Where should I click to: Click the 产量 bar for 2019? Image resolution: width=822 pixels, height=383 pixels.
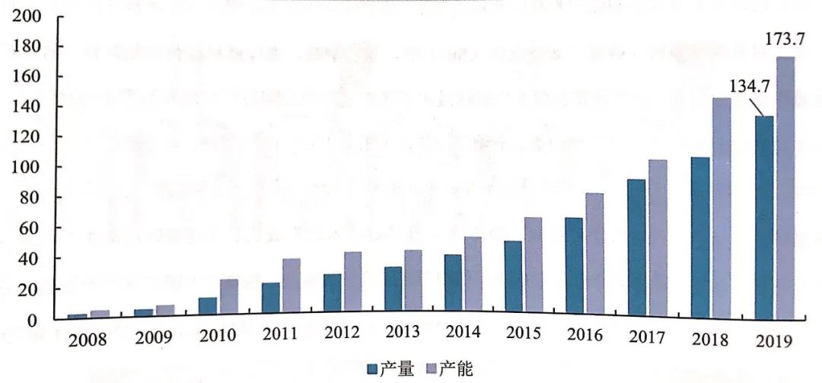click(764, 218)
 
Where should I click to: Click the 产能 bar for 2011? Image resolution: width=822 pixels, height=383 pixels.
click(291, 285)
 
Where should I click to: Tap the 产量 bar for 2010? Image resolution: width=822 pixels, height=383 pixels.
click(208, 305)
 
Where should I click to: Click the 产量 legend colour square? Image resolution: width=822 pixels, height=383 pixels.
click(372, 369)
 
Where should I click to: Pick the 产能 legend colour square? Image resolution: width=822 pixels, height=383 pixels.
click(432, 369)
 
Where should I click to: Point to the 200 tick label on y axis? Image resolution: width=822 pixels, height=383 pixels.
click(26, 16)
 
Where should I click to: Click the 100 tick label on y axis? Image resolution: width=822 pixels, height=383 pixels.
click(26, 168)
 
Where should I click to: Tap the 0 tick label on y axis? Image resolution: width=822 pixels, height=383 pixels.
click(34, 321)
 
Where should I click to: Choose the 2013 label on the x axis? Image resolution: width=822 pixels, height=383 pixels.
click(402, 332)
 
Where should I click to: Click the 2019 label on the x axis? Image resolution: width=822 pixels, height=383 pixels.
click(774, 340)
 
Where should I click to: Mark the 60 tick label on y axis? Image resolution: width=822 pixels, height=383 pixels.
click(30, 229)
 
